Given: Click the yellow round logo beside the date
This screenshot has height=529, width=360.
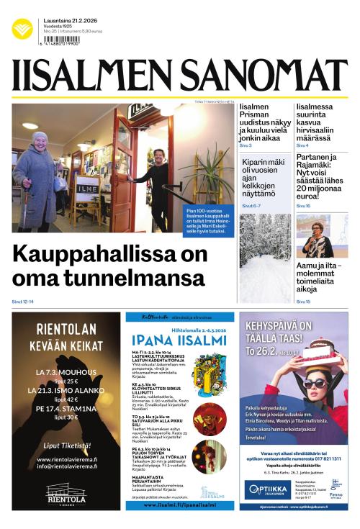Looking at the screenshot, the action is click(22, 29).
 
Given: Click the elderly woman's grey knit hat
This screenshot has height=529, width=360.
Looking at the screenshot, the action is click(39, 136).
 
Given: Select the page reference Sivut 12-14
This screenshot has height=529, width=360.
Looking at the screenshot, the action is click(23, 301).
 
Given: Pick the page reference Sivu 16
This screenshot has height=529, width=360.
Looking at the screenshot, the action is click(303, 206).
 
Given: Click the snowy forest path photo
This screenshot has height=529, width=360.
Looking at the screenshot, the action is click(265, 257).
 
